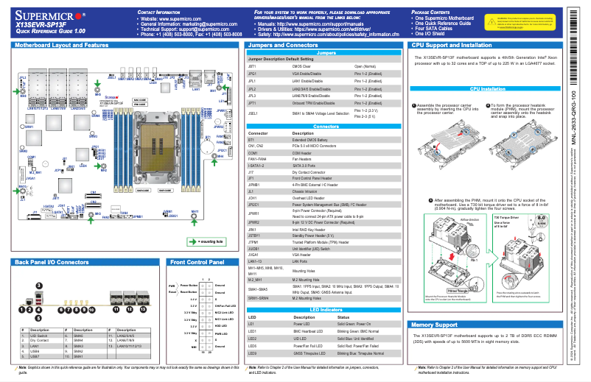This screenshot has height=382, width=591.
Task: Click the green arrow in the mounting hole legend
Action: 193,241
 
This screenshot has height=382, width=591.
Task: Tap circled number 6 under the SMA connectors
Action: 60,311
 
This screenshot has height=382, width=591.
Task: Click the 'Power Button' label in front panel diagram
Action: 189,284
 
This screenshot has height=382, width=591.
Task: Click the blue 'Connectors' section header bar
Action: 326,127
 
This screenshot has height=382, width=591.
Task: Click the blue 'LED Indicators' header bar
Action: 326,309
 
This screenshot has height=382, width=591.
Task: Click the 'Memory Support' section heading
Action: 441,325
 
